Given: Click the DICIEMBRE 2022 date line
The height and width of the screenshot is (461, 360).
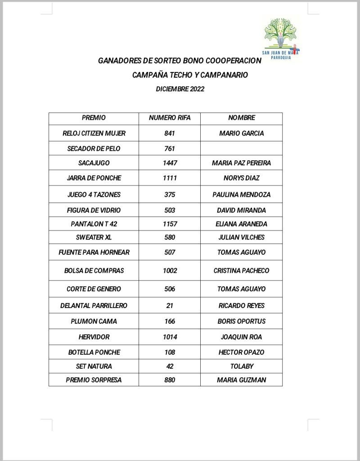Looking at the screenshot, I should (180, 89).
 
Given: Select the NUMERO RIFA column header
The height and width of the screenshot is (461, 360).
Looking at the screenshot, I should (170, 118).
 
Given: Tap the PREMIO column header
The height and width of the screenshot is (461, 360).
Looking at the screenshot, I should (94, 118).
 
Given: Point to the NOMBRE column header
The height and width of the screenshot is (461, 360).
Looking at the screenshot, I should (242, 118).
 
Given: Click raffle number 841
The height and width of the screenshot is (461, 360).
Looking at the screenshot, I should (170, 133).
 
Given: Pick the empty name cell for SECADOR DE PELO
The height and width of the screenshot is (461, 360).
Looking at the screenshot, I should (242, 149).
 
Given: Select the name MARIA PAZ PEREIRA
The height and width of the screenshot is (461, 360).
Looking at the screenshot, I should (242, 163).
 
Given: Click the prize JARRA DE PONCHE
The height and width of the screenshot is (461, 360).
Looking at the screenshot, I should (94, 178).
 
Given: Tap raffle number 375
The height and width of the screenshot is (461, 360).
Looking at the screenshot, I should (170, 195).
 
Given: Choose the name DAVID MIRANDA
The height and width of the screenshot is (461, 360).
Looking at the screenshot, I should (242, 210).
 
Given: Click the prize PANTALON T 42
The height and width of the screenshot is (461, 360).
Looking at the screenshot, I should (94, 224).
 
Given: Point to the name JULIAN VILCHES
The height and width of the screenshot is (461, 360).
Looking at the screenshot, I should (242, 237).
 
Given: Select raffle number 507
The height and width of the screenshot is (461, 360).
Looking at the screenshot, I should (170, 253).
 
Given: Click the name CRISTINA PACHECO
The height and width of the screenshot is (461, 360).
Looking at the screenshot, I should (242, 271).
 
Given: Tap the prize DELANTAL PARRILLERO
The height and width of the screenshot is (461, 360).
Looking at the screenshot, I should (94, 306).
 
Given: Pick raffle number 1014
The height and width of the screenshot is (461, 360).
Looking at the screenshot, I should (170, 337).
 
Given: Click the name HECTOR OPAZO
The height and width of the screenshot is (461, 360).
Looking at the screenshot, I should (242, 352).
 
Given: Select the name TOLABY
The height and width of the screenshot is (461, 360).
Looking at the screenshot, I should (242, 366).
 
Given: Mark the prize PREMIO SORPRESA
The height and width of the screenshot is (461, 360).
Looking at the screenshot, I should (94, 380).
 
